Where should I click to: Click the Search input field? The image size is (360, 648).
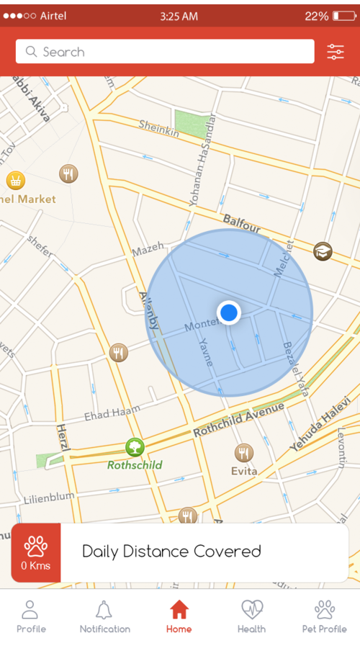pyautogui.click(x=165, y=52)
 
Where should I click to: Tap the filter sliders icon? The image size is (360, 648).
pyautogui.click(x=336, y=52)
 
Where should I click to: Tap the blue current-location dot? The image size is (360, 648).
pyautogui.click(x=229, y=312)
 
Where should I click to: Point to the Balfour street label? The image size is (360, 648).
pyautogui.click(x=241, y=224)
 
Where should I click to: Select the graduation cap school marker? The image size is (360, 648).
pyautogui.click(x=323, y=251)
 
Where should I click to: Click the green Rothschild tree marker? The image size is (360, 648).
pyautogui.click(x=135, y=448)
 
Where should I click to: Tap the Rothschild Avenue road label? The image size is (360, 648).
pyautogui.click(x=238, y=421)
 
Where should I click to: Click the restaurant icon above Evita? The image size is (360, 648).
pyautogui.click(x=244, y=453)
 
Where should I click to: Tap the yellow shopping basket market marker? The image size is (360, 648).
pyautogui.click(x=15, y=179)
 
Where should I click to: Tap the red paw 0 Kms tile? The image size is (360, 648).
pyautogui.click(x=35, y=553)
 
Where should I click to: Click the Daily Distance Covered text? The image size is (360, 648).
pyautogui.click(x=171, y=552)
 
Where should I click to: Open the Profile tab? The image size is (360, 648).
pyautogui.click(x=31, y=617)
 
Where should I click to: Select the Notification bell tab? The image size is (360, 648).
pyautogui.click(x=105, y=617)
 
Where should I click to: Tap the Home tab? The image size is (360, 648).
pyautogui.click(x=179, y=617)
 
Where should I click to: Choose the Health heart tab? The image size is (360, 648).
pyautogui.click(x=252, y=617)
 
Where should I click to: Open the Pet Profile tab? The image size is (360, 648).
pyautogui.click(x=324, y=617)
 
